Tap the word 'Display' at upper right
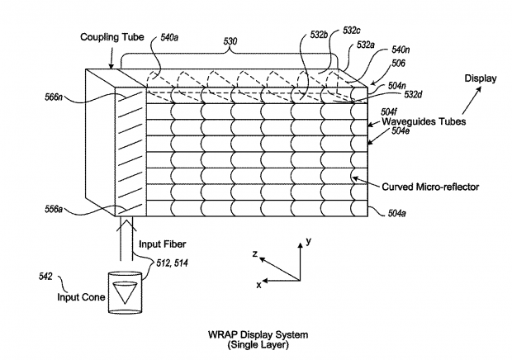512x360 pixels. (x=481, y=79)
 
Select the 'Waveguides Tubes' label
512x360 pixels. (x=424, y=121)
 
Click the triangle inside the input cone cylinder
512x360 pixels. (x=126, y=292)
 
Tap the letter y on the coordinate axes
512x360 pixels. (x=308, y=242)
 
